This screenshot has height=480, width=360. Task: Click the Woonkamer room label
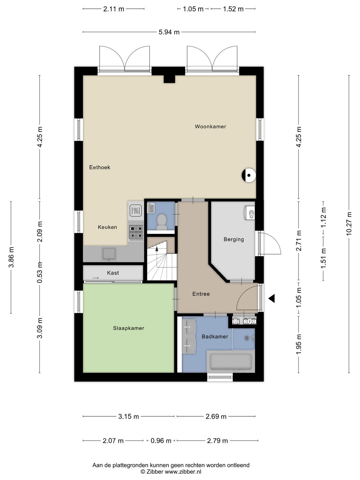click(x=210, y=126)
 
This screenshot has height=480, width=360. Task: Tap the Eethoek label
click(x=100, y=167)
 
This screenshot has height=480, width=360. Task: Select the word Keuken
click(x=107, y=227)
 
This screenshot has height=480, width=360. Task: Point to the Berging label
click(x=234, y=239)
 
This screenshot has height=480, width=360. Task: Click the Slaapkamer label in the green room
click(x=129, y=328)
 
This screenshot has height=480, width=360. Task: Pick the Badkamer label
click(x=215, y=337)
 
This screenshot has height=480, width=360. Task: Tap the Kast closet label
click(x=113, y=273)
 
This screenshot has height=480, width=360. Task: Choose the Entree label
click(x=201, y=294)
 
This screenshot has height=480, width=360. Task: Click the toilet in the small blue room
click(x=162, y=222)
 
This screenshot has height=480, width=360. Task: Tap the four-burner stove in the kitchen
click(x=136, y=233)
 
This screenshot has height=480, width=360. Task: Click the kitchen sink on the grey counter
click(x=109, y=254)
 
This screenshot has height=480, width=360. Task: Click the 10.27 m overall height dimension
click(x=349, y=223)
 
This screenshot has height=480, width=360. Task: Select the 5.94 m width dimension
click(x=169, y=32)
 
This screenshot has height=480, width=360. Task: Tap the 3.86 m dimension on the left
click(x=11, y=257)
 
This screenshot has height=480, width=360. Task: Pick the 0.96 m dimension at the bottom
click(x=161, y=441)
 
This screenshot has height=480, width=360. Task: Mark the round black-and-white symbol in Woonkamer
click(x=249, y=175)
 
